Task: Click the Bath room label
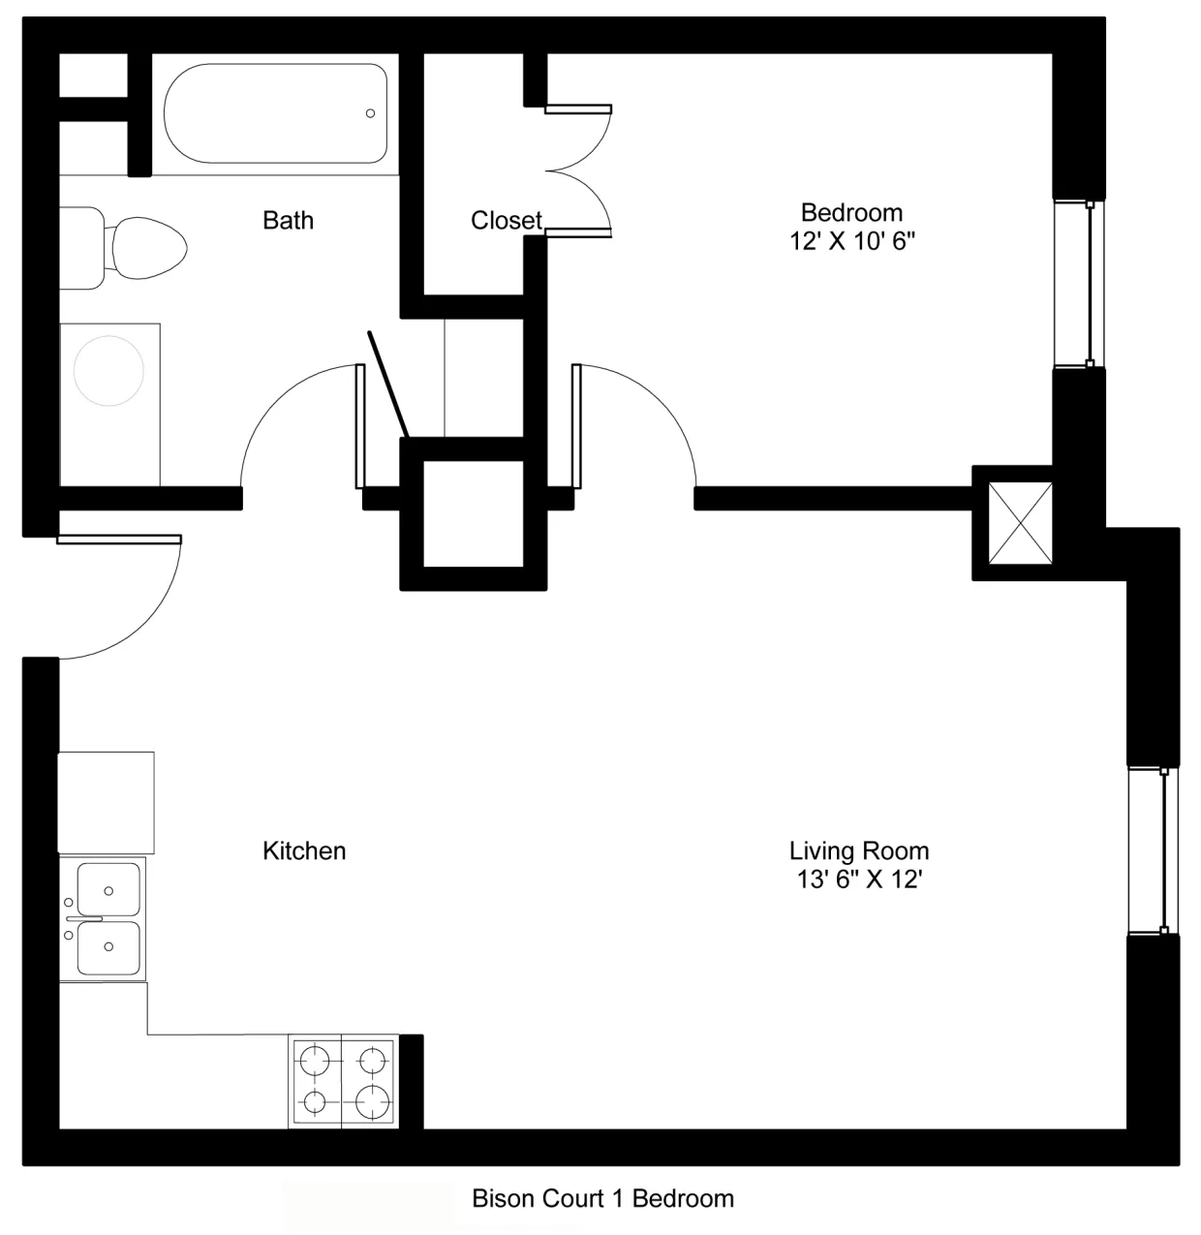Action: (x=288, y=221)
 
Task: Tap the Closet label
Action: (x=506, y=221)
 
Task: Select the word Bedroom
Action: (x=851, y=212)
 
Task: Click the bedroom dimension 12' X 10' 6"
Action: (x=852, y=241)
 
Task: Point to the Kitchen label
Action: (x=304, y=850)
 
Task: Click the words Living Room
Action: (x=858, y=850)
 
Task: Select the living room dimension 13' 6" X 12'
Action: (x=858, y=880)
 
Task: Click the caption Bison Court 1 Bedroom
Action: (x=602, y=1198)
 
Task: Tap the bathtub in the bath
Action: (x=275, y=114)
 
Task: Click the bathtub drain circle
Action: (x=370, y=113)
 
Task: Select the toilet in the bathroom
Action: (x=136, y=247)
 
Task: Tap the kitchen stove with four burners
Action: (x=344, y=1081)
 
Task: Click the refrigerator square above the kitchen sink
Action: (x=107, y=802)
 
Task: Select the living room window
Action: (x=1154, y=851)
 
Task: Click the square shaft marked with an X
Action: (x=1019, y=523)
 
